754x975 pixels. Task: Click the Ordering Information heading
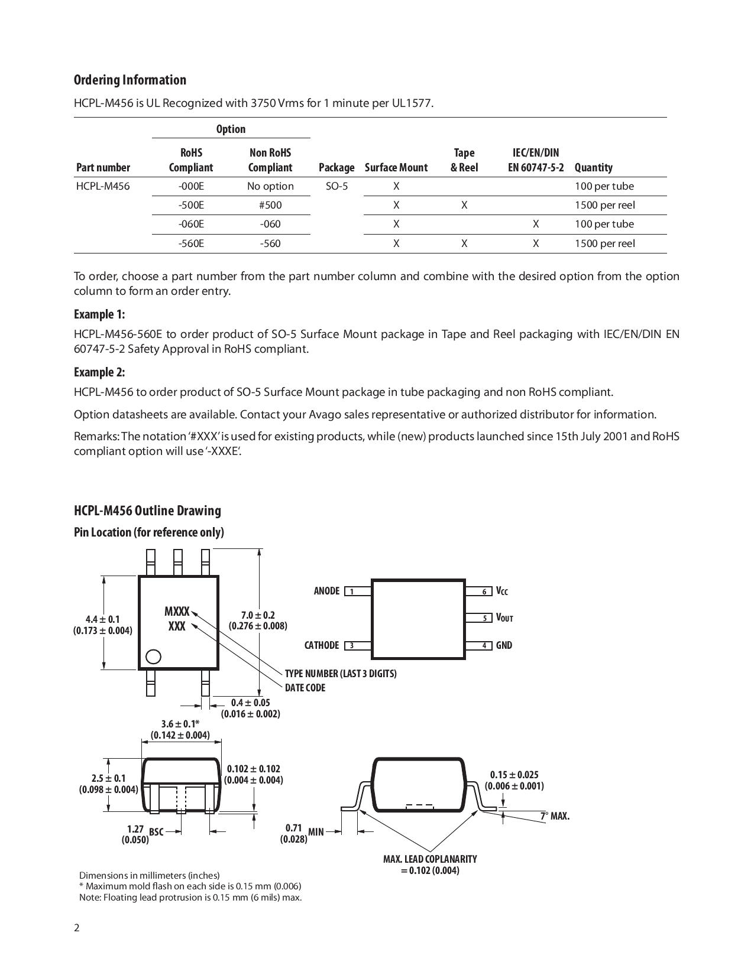pos(130,80)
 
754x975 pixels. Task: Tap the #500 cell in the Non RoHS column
pos(270,205)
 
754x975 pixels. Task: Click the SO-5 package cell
pos(336,186)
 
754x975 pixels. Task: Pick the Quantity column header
pos(593,167)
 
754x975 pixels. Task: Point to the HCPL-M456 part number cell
pos(102,186)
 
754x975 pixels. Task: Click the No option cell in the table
pos(270,186)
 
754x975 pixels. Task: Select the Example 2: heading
pos(99,372)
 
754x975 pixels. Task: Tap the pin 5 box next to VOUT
pos(478,618)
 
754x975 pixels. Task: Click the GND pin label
pos(504,645)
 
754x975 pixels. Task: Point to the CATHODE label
pos(321,645)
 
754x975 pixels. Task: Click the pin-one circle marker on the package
pos(153,657)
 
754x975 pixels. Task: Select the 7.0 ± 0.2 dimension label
pos(258,616)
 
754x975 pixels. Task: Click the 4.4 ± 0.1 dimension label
pos(102,619)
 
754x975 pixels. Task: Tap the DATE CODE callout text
pos(305,688)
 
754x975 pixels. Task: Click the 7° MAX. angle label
pos(554,816)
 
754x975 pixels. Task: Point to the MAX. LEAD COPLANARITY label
pos(429,859)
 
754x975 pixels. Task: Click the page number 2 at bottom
pos(77,927)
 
